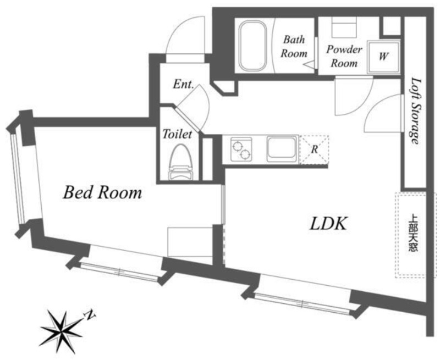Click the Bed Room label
pos(102,193)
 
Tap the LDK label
pos(329,224)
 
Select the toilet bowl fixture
pos(181,162)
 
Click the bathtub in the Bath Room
pos(253,46)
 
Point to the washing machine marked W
pos(383,57)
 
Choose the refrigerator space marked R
pos(314,149)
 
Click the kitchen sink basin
pos(282,148)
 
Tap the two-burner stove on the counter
pos(241,149)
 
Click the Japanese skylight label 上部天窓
pos(413,232)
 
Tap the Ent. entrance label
pos(183,84)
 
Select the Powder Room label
pos(344,57)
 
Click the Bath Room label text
pos(294,46)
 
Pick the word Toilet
pos(177,134)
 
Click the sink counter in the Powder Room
pos(344,27)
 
